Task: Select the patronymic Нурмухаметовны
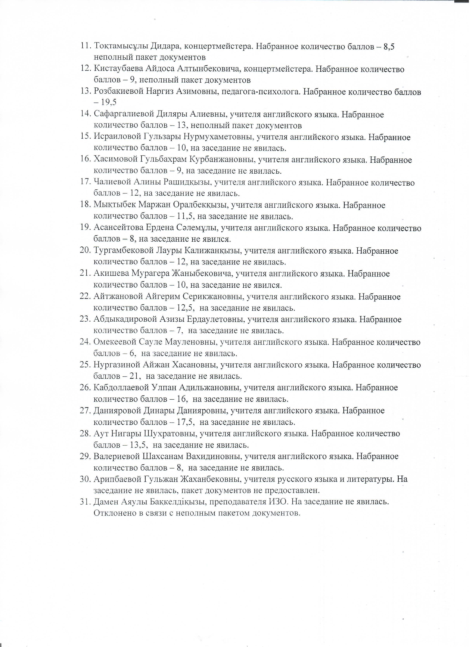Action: tap(218, 137)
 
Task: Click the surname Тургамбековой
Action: tap(123, 251)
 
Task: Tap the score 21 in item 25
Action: tap(135, 376)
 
